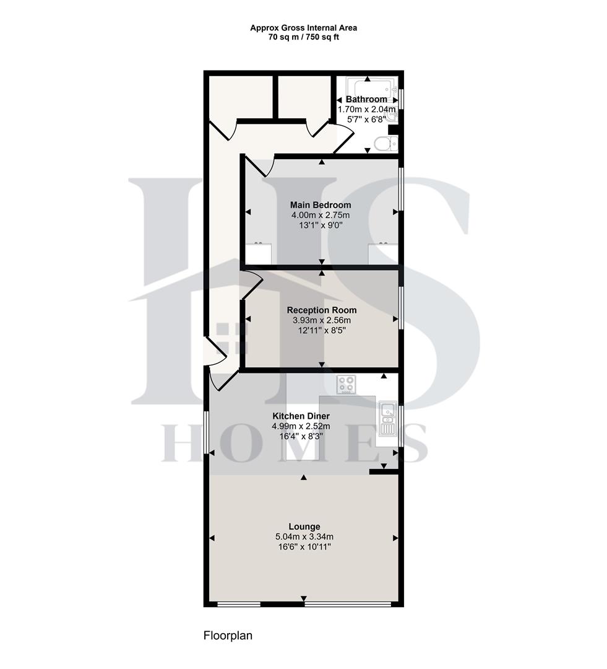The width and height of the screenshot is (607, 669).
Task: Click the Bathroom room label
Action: [366, 99]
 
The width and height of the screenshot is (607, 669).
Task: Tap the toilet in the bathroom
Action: [385, 144]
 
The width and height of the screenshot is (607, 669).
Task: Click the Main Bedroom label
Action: [321, 205]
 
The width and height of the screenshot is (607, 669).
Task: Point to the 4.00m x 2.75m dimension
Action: [321, 215]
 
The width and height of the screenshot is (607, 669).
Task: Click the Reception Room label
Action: [321, 310]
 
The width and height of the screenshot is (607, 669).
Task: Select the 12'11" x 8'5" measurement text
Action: [321, 330]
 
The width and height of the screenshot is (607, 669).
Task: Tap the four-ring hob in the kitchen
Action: [346, 384]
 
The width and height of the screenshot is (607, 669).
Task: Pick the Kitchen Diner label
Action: [301, 416]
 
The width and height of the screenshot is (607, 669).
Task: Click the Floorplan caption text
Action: [228, 636]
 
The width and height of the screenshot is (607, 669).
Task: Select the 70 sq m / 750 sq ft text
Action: [303, 37]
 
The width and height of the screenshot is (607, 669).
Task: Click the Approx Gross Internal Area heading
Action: [303, 28]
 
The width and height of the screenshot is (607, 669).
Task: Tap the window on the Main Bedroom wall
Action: [401, 188]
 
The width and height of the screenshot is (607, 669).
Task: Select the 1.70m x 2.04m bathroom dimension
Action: [366, 109]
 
